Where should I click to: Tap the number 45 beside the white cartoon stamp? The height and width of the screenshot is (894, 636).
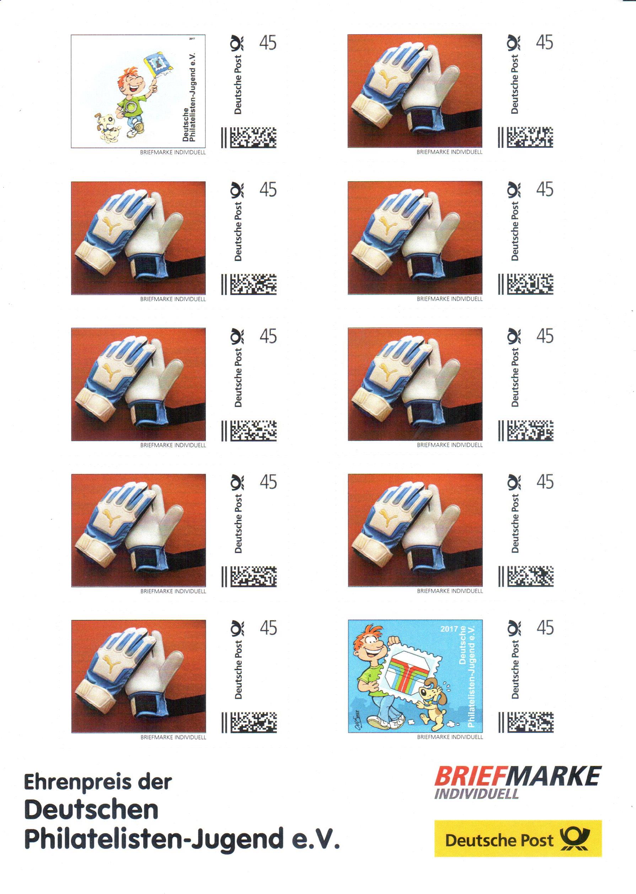pyautogui.click(x=268, y=43)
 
